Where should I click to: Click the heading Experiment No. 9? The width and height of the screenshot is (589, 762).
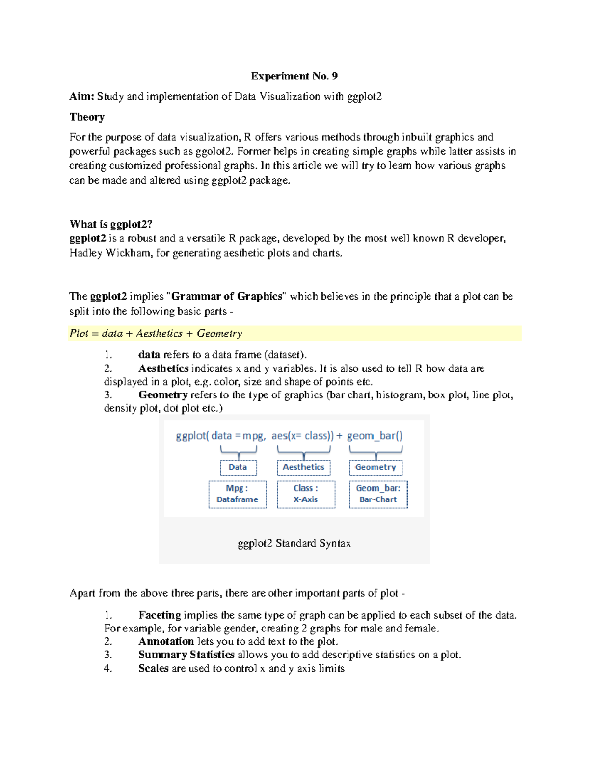pyautogui.click(x=294, y=76)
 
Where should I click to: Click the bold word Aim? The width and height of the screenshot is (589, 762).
pyautogui.click(x=81, y=97)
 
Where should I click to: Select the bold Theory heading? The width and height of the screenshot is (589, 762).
pyautogui.click(x=87, y=117)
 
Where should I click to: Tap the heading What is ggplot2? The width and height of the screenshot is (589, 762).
pyautogui.click(x=111, y=224)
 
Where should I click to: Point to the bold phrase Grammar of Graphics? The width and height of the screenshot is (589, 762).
pyautogui.click(x=227, y=296)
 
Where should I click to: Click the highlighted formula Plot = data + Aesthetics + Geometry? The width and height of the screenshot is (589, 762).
pyautogui.click(x=156, y=333)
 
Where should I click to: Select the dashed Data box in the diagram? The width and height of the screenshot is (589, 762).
pyautogui.click(x=238, y=467)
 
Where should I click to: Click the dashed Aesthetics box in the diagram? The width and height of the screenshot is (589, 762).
pyautogui.click(x=303, y=467)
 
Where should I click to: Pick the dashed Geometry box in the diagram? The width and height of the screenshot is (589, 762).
pyautogui.click(x=375, y=467)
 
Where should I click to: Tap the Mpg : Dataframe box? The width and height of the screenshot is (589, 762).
pyautogui.click(x=238, y=494)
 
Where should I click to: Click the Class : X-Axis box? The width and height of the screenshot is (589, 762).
pyautogui.click(x=306, y=494)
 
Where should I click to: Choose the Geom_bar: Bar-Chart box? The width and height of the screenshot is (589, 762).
pyautogui.click(x=378, y=494)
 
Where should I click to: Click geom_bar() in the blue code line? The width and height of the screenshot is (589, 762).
pyautogui.click(x=375, y=436)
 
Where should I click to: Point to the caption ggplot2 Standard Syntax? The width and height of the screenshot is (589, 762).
pyautogui.click(x=294, y=543)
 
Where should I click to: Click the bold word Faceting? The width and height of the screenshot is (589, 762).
pyautogui.click(x=160, y=615)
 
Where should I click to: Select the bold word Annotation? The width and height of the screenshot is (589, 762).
pyautogui.click(x=166, y=642)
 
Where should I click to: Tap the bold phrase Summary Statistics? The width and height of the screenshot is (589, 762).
pyautogui.click(x=186, y=655)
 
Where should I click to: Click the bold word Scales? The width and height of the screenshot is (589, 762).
pyautogui.click(x=153, y=668)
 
